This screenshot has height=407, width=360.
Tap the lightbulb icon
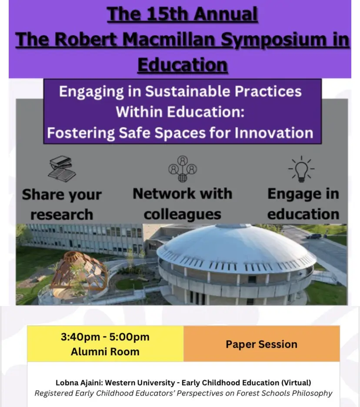coord(301,169)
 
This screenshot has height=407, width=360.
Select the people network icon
coord(183,169)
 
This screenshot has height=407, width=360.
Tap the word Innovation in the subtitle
coord(274,133)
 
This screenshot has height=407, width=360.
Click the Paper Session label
coord(261,344)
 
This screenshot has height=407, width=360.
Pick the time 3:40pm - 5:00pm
coord(105,337)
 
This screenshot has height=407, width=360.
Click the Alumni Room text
coord(105,352)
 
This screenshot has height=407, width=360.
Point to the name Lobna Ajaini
coord(79,383)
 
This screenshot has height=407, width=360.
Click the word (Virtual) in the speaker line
coord(296,383)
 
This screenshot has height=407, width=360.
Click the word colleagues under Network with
coord(183,215)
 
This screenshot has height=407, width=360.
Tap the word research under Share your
coord(62,215)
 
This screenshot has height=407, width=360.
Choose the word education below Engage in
coord(303,214)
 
